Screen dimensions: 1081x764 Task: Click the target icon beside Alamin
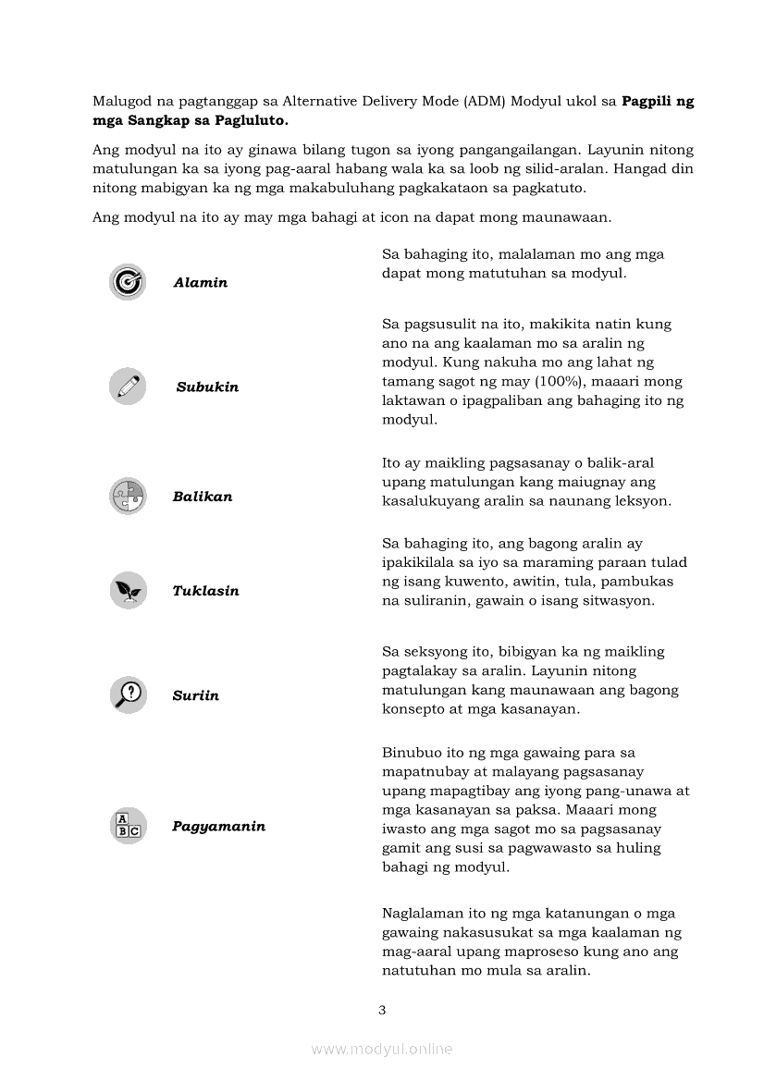coord(128,282)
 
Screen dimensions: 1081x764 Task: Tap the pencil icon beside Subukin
coord(128,387)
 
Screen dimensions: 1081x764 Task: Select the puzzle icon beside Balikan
coord(128,497)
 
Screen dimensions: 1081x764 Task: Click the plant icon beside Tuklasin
coord(128,591)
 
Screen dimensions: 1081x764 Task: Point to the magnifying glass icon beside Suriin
coord(128,694)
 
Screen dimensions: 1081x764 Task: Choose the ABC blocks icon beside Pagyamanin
coord(128,827)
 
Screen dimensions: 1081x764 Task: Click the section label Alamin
coord(200,283)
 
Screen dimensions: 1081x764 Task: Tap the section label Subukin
coord(207,387)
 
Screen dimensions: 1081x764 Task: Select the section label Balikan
coord(203,497)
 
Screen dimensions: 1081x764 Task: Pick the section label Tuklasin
coord(205,591)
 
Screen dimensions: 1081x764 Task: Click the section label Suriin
coord(195,695)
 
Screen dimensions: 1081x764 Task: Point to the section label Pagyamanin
coord(218,827)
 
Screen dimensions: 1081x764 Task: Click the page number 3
coord(382,1010)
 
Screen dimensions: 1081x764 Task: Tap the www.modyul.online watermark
coord(382,1049)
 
